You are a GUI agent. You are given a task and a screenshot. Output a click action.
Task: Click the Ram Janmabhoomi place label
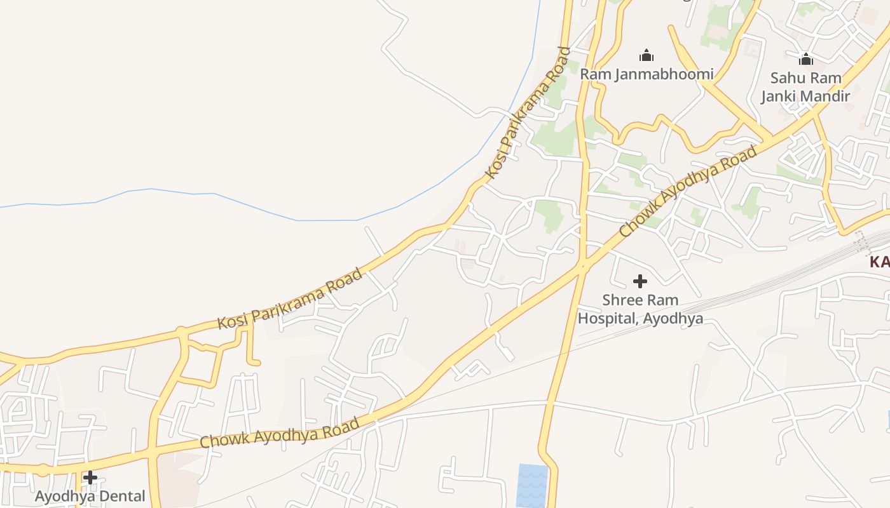coord(646,74)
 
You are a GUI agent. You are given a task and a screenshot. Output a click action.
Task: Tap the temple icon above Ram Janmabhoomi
coord(647,55)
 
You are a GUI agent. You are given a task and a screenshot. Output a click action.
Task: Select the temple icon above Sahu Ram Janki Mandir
coord(806,60)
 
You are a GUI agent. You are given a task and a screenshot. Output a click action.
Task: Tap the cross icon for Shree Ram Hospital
coord(640,281)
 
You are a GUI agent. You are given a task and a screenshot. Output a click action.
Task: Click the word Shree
coord(621,300)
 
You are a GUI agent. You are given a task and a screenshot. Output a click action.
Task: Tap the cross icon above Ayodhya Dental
coord(90,478)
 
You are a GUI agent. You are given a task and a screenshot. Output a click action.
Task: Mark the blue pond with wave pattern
coord(531,485)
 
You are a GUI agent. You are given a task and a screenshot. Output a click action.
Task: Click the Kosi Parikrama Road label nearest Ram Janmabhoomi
coord(526,112)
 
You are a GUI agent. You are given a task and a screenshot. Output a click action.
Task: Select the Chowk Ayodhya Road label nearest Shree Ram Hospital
coord(688,192)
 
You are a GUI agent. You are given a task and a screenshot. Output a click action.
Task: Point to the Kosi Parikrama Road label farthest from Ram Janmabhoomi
coord(290,298)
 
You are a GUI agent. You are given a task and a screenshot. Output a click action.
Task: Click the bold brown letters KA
coord(880,262)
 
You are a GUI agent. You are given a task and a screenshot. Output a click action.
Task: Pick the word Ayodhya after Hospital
coord(673,318)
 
